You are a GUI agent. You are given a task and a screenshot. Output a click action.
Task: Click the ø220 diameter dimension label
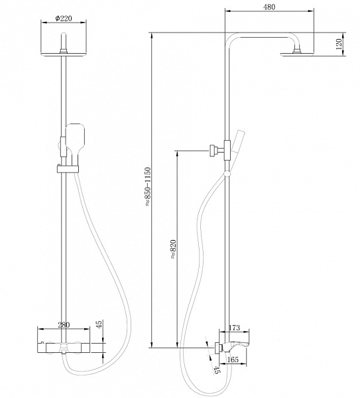64,19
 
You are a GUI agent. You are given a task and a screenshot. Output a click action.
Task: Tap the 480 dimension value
269,7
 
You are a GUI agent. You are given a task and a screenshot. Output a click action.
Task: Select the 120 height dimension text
339,44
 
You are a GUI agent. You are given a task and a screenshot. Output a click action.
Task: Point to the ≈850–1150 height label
148,186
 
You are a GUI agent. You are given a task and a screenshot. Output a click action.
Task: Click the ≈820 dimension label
173,249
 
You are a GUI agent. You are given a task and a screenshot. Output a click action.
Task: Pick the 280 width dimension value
64,325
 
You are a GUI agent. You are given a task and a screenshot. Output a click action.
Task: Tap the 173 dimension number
234,328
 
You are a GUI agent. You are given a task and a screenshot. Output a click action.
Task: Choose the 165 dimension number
233,360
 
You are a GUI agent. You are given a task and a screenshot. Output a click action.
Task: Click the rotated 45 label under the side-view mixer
217,369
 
